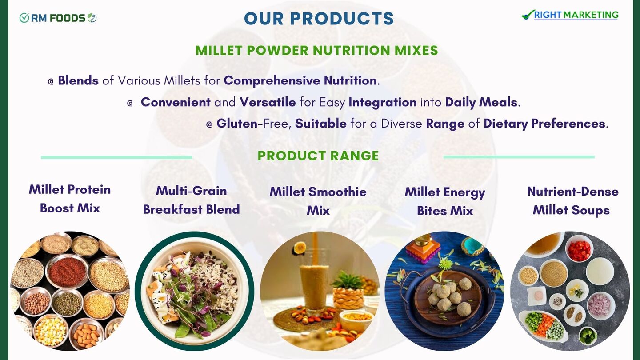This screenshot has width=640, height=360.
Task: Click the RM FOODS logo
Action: tap(58, 18)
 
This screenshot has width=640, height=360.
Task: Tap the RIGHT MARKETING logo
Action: tap(570, 15)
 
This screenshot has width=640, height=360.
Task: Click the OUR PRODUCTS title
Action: tap(319, 19)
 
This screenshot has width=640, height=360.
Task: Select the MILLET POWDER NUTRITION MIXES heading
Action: tap(316, 51)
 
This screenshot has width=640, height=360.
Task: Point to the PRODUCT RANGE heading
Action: tap(318, 156)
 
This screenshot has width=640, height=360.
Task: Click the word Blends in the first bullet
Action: tap(78, 80)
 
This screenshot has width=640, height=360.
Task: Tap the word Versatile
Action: tap(268, 102)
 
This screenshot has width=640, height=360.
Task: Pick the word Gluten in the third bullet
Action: tap(237, 124)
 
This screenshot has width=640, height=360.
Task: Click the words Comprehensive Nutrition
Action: tap(300, 81)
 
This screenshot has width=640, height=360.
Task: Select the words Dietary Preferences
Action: tap(544, 124)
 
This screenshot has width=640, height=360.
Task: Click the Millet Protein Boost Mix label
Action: tap(70, 199)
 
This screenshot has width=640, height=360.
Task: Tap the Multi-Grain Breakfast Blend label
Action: tap(191, 200)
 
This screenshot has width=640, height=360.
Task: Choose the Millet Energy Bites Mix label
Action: tap(445, 201)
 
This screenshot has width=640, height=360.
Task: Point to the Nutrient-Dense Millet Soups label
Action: tap(572, 201)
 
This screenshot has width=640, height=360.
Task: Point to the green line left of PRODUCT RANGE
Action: tap(116, 157)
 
